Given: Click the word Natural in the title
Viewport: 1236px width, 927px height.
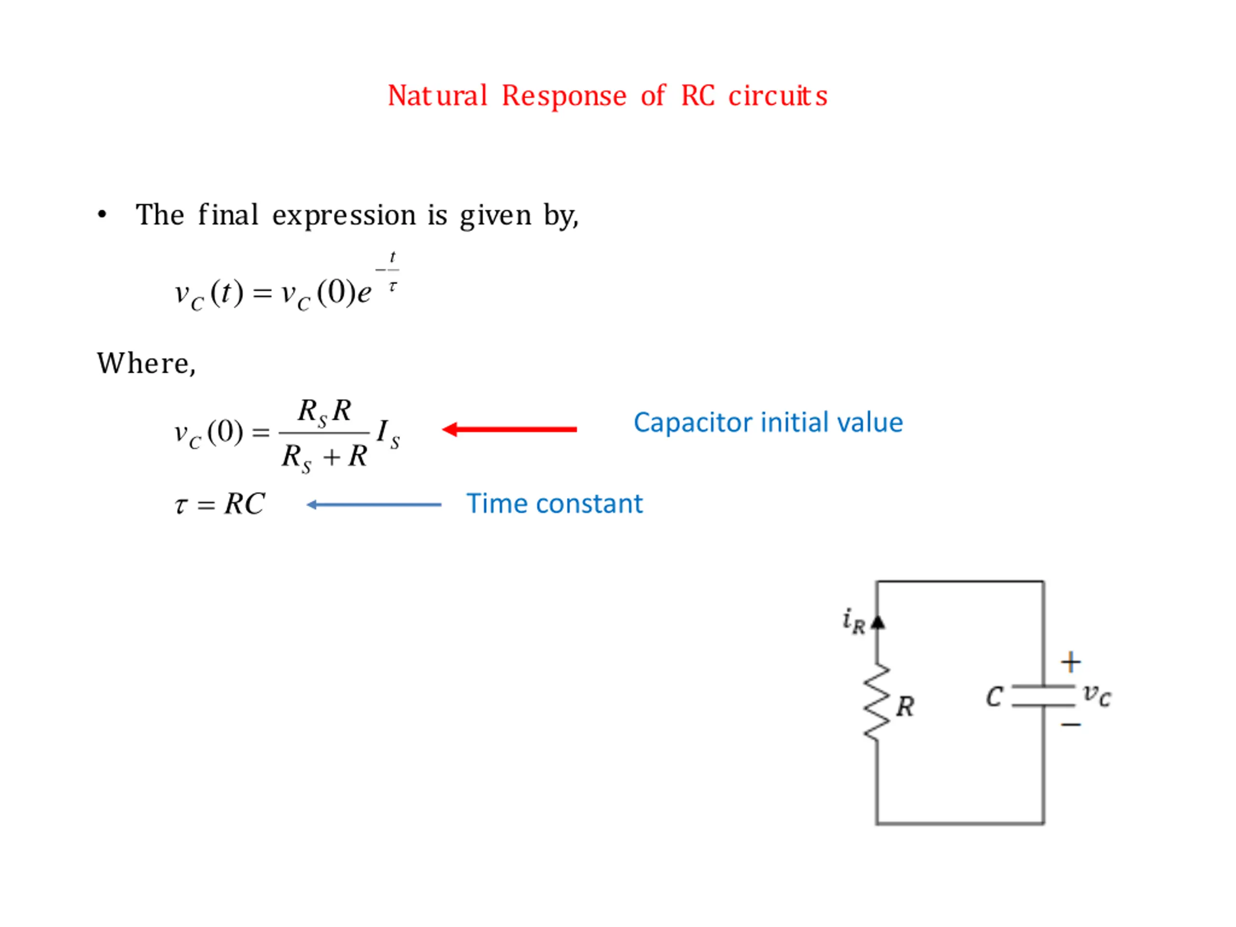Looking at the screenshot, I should tap(437, 96).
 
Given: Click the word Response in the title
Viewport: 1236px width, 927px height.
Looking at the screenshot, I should tap(564, 96).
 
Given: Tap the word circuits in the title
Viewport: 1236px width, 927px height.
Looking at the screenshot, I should tap(777, 96).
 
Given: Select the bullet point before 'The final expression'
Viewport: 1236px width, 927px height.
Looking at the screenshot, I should tap(102, 214).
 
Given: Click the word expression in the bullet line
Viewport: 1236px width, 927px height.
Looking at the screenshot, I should tap(344, 216).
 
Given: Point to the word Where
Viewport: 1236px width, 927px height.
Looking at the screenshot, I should tap(146, 364).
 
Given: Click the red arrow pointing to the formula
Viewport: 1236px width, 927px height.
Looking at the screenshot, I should tap(509, 429).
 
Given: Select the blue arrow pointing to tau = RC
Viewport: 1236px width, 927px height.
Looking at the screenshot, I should tap(374, 505).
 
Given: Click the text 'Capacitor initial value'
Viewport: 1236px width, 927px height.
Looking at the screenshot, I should tap(768, 422).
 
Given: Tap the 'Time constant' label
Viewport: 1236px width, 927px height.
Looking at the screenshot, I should tap(554, 504).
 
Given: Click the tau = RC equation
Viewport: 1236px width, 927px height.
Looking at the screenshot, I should tap(220, 504).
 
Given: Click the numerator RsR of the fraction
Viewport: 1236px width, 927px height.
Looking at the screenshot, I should tap(324, 412).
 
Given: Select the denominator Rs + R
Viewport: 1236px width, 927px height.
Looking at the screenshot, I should tap(324, 457).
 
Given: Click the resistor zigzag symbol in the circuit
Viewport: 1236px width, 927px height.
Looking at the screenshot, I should tap(877, 702).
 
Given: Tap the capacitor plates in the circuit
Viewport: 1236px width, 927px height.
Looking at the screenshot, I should tap(1043, 696).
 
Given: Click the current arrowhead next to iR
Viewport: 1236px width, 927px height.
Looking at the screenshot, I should tap(878, 622).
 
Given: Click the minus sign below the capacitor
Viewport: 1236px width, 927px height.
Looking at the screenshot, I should tap(1070, 725).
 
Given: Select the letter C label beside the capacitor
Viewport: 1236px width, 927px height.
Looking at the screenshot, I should tap(994, 697).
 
